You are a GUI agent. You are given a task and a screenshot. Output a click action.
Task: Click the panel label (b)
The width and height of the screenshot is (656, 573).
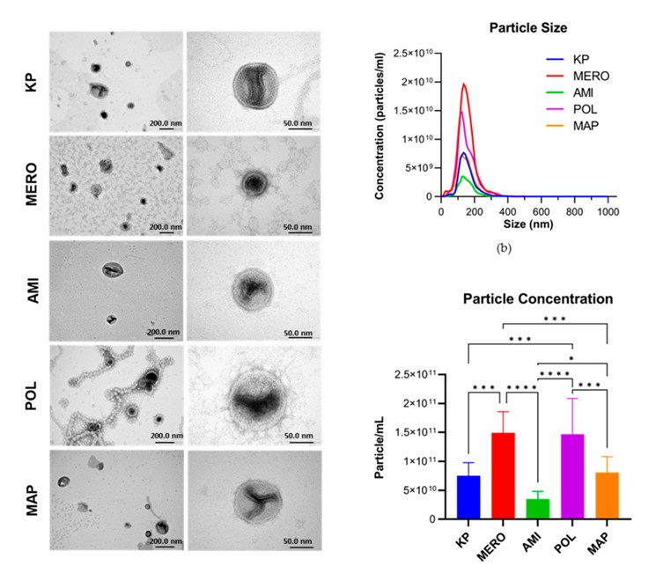click(504, 249)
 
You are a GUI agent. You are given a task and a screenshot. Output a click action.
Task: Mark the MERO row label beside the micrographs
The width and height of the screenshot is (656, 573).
click(31, 184)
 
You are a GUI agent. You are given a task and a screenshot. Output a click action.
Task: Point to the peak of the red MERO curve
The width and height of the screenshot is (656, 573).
click(464, 84)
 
